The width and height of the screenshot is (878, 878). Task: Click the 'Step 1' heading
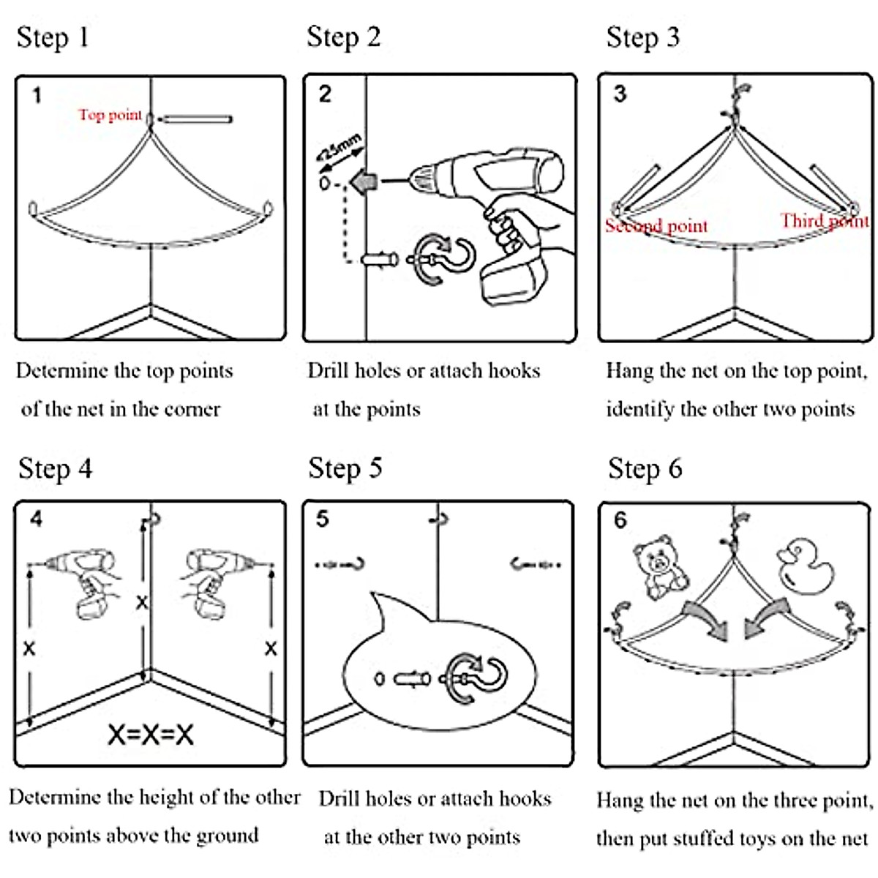coord(53,37)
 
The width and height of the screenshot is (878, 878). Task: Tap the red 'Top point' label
coord(110,115)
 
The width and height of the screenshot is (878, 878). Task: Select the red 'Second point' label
coord(656,226)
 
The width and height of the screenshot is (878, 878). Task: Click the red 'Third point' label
coord(823,221)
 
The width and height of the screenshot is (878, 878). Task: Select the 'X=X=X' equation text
coord(151,734)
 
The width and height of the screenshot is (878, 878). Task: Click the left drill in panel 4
coord(84,582)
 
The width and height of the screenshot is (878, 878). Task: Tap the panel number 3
coord(620,94)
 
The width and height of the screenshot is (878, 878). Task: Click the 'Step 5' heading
coord(345,468)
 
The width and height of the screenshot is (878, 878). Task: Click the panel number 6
coord(620,520)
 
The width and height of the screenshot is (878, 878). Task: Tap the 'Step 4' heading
coord(56,469)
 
